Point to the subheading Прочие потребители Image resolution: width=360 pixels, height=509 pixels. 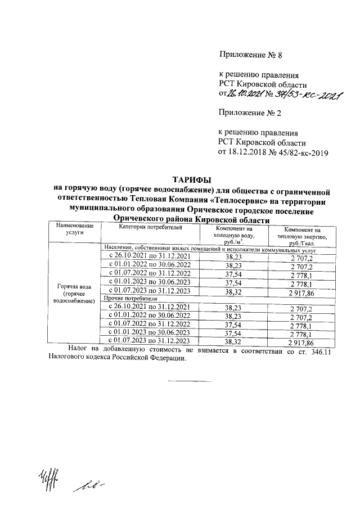click(x=127, y=298)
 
